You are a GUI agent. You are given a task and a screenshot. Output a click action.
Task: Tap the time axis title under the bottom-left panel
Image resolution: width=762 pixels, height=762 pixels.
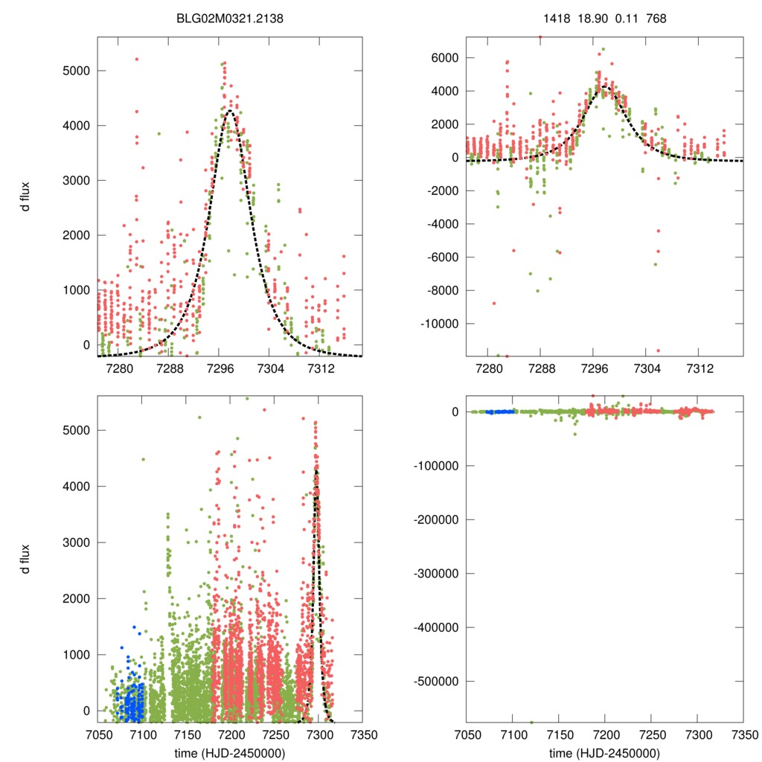(228, 752)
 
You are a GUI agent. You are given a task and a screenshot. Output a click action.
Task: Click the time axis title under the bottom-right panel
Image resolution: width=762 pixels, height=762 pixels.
(604, 752)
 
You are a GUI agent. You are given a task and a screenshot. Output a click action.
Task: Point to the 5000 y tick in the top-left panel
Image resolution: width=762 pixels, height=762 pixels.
(74, 71)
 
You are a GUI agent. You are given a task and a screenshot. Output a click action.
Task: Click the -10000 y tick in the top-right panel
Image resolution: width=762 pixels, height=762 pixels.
(437, 324)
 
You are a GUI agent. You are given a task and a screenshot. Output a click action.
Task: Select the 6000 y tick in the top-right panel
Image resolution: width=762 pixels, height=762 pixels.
(444, 58)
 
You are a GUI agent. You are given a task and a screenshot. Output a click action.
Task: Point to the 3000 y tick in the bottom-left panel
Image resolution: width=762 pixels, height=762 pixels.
(74, 542)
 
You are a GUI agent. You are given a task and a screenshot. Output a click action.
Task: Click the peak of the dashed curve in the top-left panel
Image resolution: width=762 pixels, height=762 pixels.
(230, 111)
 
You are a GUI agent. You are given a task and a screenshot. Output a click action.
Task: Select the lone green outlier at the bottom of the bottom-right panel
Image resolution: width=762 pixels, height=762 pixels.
(531, 722)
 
